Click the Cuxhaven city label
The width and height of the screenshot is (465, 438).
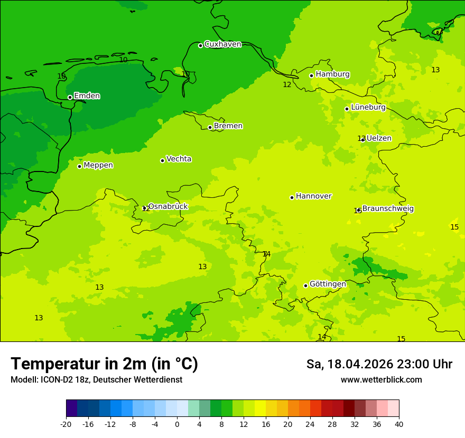point(222,44)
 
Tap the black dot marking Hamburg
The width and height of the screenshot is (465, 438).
point(311,75)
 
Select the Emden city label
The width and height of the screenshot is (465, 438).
point(87,96)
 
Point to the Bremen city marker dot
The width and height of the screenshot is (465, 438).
point(210,127)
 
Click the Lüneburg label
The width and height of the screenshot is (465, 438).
point(368,108)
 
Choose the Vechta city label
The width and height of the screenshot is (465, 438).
point(179,159)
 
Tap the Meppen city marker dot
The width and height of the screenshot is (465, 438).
point(79,166)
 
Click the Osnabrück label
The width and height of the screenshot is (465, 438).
point(168,206)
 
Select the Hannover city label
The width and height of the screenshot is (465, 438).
point(313,196)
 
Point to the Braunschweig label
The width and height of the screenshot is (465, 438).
point(388,209)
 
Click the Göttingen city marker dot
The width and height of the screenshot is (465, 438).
point(305,285)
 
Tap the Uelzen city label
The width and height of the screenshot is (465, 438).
point(379,138)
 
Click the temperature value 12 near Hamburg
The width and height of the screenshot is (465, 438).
point(287,85)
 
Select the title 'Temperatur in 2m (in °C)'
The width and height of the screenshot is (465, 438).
point(104,364)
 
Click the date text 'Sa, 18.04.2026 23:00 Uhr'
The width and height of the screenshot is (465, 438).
point(379,364)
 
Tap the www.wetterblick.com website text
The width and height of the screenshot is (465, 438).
point(381,380)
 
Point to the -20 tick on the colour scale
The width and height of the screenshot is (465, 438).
point(66,424)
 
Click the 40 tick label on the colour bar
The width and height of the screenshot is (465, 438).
point(399,424)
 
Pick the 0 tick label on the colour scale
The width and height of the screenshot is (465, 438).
point(177,424)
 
